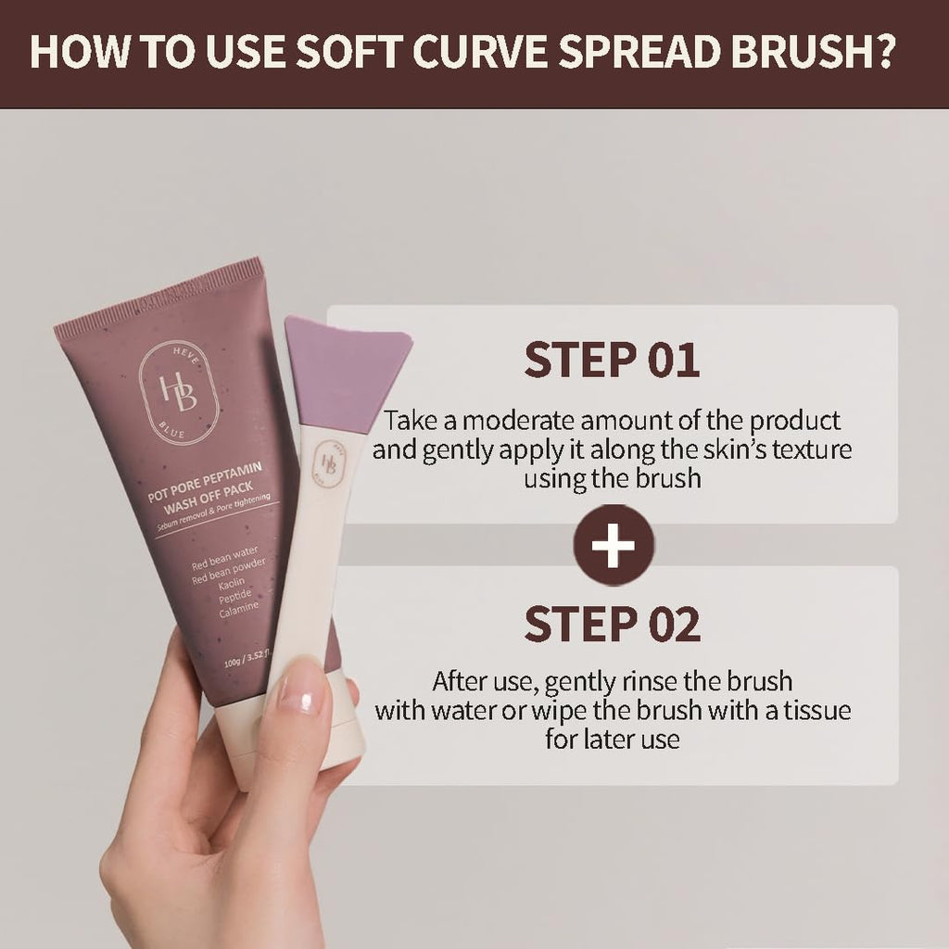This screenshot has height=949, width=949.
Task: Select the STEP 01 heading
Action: (x=612, y=361)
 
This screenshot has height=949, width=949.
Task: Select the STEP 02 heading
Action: (x=612, y=624)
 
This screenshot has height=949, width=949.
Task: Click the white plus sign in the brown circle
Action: (x=614, y=546)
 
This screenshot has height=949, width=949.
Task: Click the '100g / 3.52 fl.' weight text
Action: (x=239, y=661)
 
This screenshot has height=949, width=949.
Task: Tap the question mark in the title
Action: (x=880, y=53)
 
